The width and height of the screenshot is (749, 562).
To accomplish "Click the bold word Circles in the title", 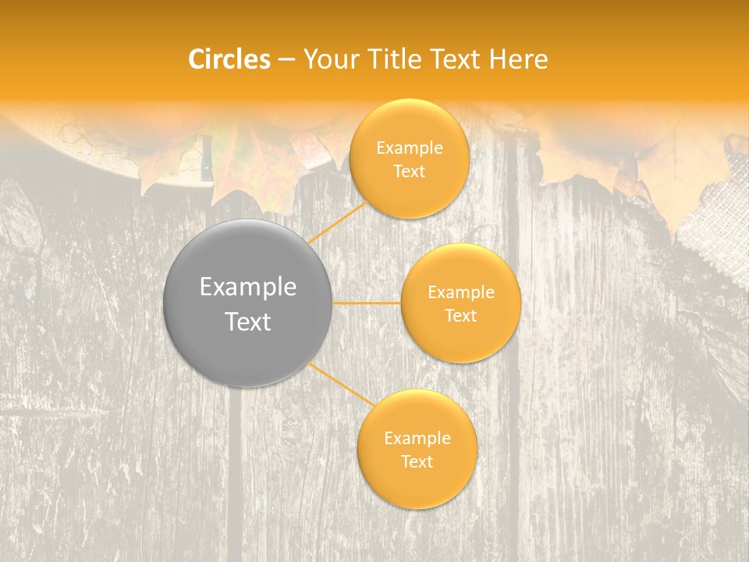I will tap(229, 59).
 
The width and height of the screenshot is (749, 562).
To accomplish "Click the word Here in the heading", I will tap(518, 59).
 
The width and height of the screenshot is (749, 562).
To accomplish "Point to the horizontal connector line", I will tap(367, 303).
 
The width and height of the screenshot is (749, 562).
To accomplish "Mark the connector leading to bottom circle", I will tap(342, 384).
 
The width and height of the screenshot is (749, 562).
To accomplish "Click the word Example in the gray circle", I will tap(248, 287).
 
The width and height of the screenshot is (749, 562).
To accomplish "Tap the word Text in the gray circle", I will tap(248, 322).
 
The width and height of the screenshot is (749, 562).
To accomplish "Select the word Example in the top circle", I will tap(409, 148).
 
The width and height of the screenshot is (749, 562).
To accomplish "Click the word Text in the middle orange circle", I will tap(460, 315).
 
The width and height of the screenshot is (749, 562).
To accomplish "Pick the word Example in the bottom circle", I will tap(417, 438).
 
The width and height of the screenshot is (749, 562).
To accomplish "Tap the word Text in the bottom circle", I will tap(417, 461).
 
